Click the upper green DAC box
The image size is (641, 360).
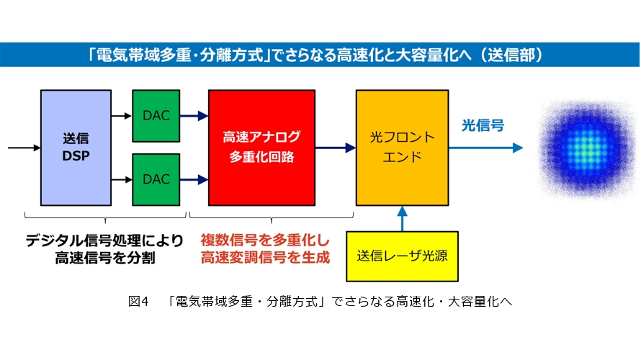tap(156, 116)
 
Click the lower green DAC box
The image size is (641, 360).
tap(156, 179)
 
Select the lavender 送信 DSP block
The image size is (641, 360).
tap(76, 148)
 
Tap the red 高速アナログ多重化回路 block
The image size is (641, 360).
tap(261, 148)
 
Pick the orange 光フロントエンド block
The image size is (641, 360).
tap(403, 148)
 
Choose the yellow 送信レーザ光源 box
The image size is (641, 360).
tap(403, 256)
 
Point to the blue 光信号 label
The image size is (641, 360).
tap(483, 125)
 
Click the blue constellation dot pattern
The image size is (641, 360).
tap(588, 148)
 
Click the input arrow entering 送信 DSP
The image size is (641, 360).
tap(24, 148)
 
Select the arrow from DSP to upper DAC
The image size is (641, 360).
tap(122, 116)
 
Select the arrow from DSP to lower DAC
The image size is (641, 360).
tap(122, 179)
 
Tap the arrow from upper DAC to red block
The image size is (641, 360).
tap(194, 116)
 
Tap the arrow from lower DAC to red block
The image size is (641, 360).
tap(194, 179)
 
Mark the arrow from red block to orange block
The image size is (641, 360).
tap(336, 148)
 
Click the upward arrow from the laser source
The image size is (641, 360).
tap(403, 219)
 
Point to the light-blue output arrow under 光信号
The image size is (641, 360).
tap(486, 148)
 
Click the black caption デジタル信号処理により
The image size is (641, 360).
tap(104, 240)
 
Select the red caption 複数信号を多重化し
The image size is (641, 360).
tap(265, 240)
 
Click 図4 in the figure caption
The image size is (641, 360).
tap(138, 302)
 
